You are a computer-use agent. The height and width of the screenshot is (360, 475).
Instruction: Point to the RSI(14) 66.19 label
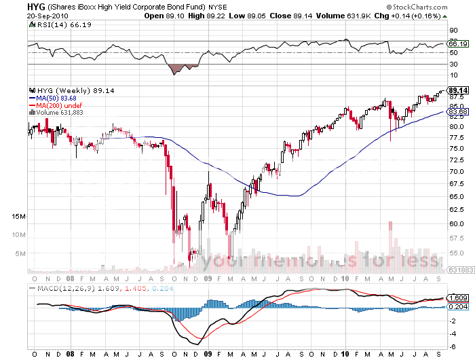(x=52, y=25)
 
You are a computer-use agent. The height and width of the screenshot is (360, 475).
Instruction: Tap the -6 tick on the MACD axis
(x=452, y=346)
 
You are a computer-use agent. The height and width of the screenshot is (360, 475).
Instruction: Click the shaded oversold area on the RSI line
(x=180, y=68)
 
